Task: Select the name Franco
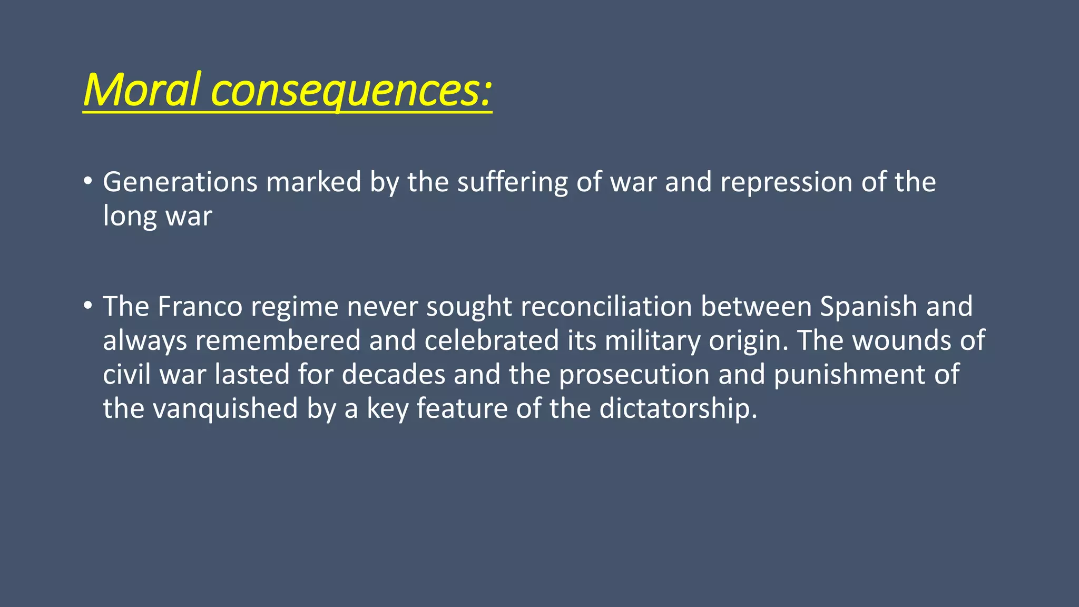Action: [200, 306]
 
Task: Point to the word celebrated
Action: [491, 340]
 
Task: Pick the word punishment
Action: [849, 375]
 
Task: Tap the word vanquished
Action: [225, 408]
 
